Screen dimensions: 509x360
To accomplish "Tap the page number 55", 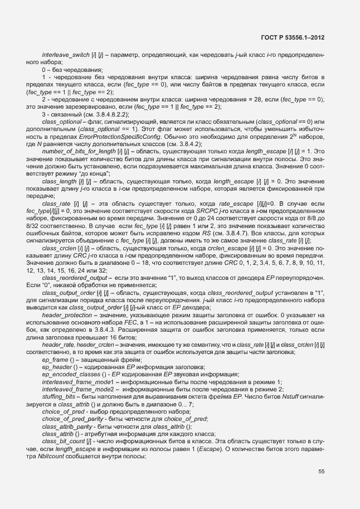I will click(x=322, y=472).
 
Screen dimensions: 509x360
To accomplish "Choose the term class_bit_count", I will click(x=61, y=440).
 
